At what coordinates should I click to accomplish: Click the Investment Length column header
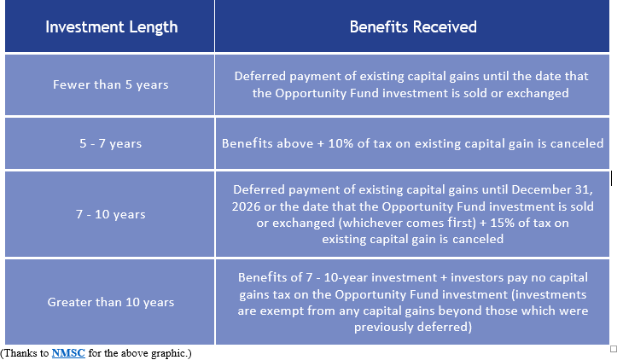[x=111, y=27]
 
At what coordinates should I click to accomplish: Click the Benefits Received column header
[x=413, y=27]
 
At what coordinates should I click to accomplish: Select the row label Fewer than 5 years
[x=110, y=84]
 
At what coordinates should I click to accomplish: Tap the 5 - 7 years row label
[x=110, y=143]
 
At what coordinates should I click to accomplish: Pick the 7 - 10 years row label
[x=110, y=215]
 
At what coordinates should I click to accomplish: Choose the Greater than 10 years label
[x=110, y=302]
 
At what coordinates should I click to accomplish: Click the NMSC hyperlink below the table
[x=68, y=353]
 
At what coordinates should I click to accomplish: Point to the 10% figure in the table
[x=341, y=143]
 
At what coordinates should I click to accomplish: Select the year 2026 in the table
[x=246, y=206]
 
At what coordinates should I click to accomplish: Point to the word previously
[x=382, y=327]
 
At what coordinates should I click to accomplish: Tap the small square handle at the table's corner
[x=614, y=349]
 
